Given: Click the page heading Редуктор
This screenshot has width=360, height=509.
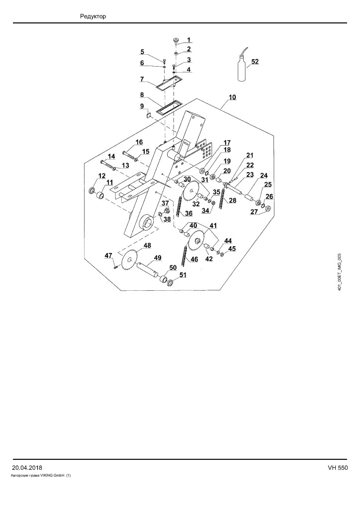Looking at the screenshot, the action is [93, 16].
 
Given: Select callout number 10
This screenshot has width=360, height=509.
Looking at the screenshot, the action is [232, 97].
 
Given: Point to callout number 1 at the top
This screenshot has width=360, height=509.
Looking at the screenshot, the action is [189, 40].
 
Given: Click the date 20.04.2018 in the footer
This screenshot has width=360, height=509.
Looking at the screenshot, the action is [27, 468].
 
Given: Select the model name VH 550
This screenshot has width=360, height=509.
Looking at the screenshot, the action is [338, 468].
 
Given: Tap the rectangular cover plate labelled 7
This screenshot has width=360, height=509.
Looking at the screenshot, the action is [168, 82].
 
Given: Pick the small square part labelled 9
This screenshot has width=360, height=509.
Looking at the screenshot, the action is [149, 115].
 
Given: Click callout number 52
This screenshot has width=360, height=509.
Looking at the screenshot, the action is [255, 62].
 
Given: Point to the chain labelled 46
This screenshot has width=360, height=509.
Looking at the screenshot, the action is [186, 254].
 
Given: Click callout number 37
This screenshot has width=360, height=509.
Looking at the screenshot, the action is [166, 203].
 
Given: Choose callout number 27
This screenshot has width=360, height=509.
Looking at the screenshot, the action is [254, 212].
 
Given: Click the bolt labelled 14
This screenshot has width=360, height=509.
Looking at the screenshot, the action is [108, 165].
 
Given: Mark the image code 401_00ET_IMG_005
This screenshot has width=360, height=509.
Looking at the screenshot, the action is [340, 272].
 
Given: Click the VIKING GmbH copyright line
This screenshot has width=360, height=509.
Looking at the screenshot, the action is [41, 476].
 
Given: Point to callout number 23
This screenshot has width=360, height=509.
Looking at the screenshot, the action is [250, 174].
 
